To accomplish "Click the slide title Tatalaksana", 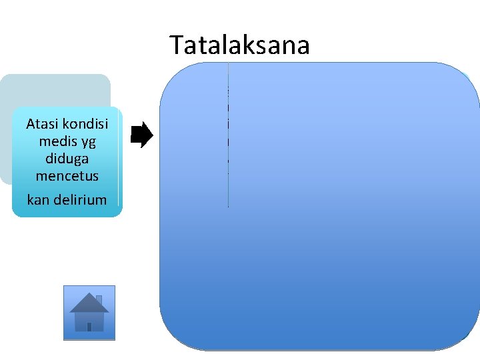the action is click(x=239, y=45).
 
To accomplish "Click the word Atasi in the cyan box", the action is click(x=41, y=124).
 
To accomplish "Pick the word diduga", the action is click(x=67, y=159).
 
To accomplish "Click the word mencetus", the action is click(x=67, y=176).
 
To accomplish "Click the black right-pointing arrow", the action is click(x=141, y=135).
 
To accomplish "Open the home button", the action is click(x=89, y=313).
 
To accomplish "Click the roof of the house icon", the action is click(x=89, y=303).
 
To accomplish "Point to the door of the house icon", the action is click(x=89, y=325).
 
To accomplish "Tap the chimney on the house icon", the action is click(x=99, y=299).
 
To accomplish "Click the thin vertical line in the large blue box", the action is click(x=228, y=133).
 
